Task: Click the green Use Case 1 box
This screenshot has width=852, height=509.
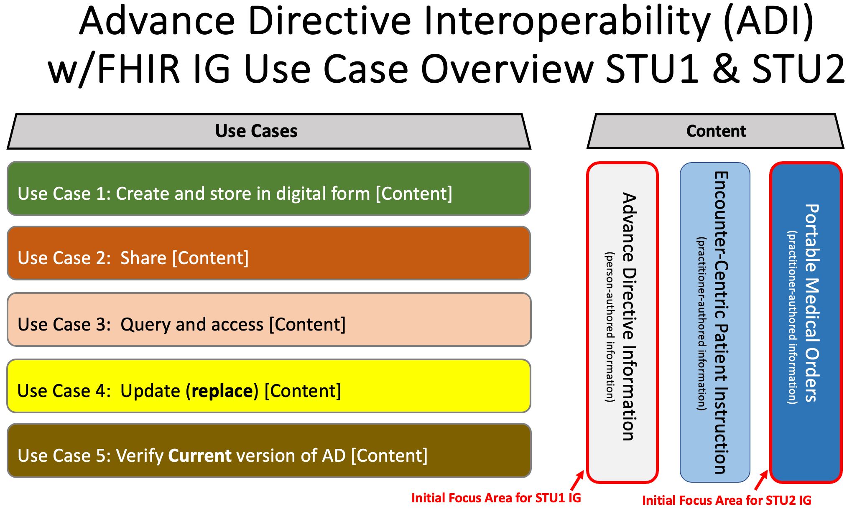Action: pyautogui.click(x=269, y=189)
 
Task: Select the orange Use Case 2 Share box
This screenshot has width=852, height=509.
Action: pyautogui.click(x=269, y=253)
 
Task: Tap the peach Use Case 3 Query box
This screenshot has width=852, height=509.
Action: pyautogui.click(x=269, y=320)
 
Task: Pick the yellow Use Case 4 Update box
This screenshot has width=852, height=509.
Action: pyautogui.click(x=269, y=386)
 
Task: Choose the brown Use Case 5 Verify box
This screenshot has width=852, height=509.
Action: pyautogui.click(x=269, y=450)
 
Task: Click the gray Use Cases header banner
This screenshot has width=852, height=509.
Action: pyautogui.click(x=269, y=131)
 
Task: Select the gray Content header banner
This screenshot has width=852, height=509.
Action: pyautogui.click(x=716, y=131)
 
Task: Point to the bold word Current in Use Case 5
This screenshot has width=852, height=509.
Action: pyautogui.click(x=199, y=456)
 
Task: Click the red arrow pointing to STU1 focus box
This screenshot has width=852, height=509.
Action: pyautogui.click(x=577, y=480)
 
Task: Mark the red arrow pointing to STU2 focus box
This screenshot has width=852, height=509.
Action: pyautogui.click(x=761, y=480)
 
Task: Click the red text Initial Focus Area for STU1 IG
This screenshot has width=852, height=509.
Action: pyautogui.click(x=496, y=498)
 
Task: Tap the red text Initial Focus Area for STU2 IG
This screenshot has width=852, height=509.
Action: pyautogui.click(x=726, y=500)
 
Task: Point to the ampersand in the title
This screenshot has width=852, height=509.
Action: pyautogui.click(x=726, y=69)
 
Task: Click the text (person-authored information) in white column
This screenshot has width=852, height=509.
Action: pyautogui.click(x=610, y=327)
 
